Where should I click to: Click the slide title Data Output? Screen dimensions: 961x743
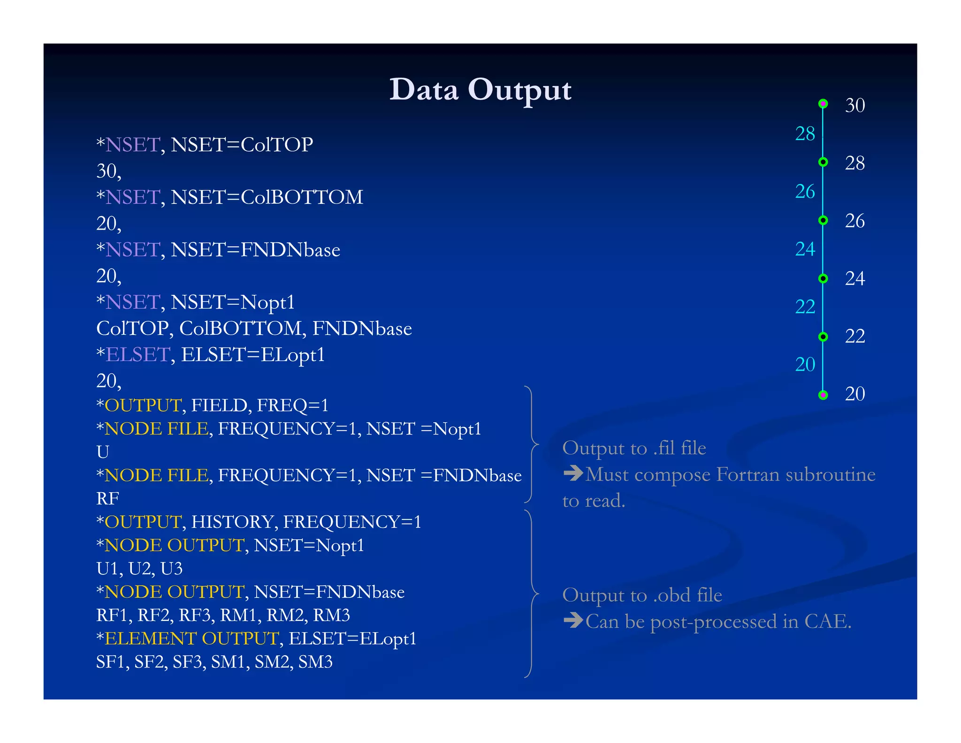click(x=480, y=90)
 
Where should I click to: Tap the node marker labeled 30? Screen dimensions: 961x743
click(x=823, y=104)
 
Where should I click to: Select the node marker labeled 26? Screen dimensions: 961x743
click(x=823, y=220)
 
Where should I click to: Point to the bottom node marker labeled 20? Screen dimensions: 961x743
click(x=823, y=395)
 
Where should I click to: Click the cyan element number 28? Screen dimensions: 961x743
click(x=805, y=134)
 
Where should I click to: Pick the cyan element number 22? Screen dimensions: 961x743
click(x=805, y=307)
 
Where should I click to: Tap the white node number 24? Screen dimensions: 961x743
click(x=854, y=279)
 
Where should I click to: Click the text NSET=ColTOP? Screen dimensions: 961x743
click(x=242, y=145)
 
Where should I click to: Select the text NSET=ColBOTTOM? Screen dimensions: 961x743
click(x=267, y=197)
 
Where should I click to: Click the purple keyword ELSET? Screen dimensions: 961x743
click(x=137, y=355)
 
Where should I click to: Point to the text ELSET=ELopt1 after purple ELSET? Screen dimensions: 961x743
click(x=253, y=355)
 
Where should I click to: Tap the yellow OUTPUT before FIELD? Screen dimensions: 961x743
click(x=143, y=405)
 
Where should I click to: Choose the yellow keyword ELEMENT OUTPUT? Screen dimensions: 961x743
click(x=191, y=639)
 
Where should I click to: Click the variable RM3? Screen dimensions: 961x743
click(x=331, y=615)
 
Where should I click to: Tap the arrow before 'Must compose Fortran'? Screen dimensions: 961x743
click(x=573, y=473)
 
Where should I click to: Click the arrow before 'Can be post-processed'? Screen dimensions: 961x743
click(x=573, y=620)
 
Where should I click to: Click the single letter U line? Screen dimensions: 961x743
click(x=103, y=452)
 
